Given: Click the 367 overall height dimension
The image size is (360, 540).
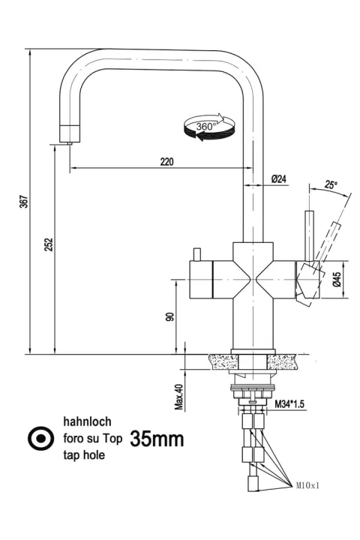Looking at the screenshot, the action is (24, 202).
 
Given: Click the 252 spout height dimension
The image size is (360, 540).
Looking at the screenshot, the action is (49, 244).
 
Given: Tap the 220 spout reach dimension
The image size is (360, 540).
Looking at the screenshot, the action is (166, 161).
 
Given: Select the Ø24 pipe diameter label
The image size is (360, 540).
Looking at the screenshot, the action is (279, 179).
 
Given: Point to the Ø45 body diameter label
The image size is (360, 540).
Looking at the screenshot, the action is (337, 279).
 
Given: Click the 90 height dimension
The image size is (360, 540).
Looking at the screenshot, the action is (169, 316).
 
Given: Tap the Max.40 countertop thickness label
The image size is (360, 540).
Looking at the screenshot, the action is (178, 397).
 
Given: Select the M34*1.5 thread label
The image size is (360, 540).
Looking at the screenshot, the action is (289, 404).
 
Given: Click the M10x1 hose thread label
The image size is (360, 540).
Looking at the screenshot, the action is (307, 485).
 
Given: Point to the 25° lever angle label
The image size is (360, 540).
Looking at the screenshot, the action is (330, 185).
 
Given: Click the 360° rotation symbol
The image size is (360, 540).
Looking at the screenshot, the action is (208, 127).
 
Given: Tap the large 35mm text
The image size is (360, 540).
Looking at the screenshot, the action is (157, 439).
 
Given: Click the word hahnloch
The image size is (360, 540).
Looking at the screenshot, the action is (87, 421).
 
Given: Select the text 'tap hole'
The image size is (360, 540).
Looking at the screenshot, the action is (84, 455).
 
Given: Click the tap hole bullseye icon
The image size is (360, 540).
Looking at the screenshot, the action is (41, 439).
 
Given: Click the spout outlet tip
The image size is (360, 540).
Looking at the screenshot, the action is (70, 143).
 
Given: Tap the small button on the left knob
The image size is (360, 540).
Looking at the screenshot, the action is (197, 254).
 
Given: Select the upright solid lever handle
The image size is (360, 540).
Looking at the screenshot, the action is (309, 236).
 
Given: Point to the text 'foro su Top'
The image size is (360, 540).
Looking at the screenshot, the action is (93, 439).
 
